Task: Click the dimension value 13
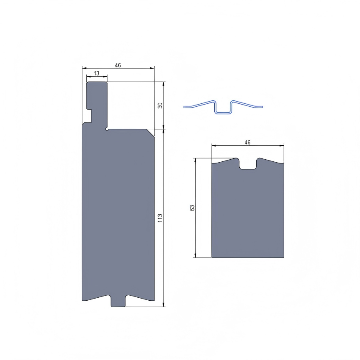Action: click(97, 73)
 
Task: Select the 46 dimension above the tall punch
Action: click(118, 65)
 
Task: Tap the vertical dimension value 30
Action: click(160, 105)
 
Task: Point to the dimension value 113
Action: click(160, 218)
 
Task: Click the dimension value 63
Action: click(192, 208)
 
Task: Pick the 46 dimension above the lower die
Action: click(247, 142)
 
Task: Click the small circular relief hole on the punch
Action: click(107, 130)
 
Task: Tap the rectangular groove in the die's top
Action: click(248, 164)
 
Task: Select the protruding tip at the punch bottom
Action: click(118, 301)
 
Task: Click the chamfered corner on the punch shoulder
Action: click(150, 133)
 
